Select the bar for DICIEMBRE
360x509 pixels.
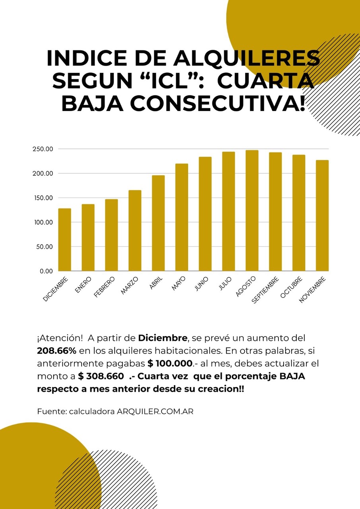(x=64, y=240)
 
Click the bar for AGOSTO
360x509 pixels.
(x=252, y=211)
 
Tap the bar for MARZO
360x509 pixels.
(x=135, y=231)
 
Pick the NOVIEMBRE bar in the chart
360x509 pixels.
(x=322, y=216)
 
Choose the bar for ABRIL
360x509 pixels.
(x=158, y=223)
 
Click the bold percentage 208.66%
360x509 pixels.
(x=56, y=351)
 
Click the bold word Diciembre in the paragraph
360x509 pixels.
(x=162, y=339)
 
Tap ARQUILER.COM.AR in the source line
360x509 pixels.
(x=155, y=412)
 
